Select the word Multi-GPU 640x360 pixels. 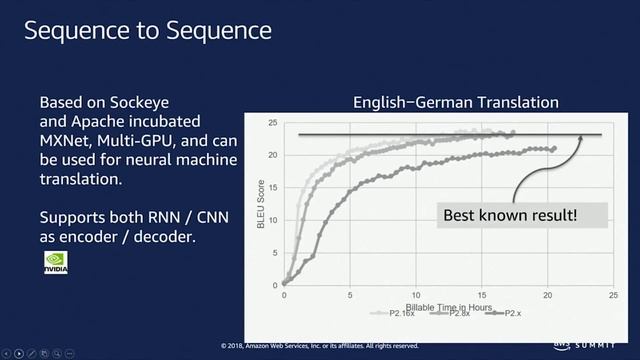pyautogui.click(x=145, y=141)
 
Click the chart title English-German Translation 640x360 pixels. pyautogui.click(x=455, y=103)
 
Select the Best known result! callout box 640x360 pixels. pyautogui.click(x=511, y=215)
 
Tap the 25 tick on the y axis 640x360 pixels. pyautogui.click(x=272, y=122)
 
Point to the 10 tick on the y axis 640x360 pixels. pyautogui.click(x=272, y=220)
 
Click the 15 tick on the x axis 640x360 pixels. pyautogui.click(x=482, y=295)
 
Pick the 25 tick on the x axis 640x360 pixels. pyautogui.click(x=613, y=295)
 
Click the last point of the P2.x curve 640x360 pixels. pyautogui.click(x=553, y=148)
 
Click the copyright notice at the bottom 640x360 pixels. pyautogui.click(x=319, y=346)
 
